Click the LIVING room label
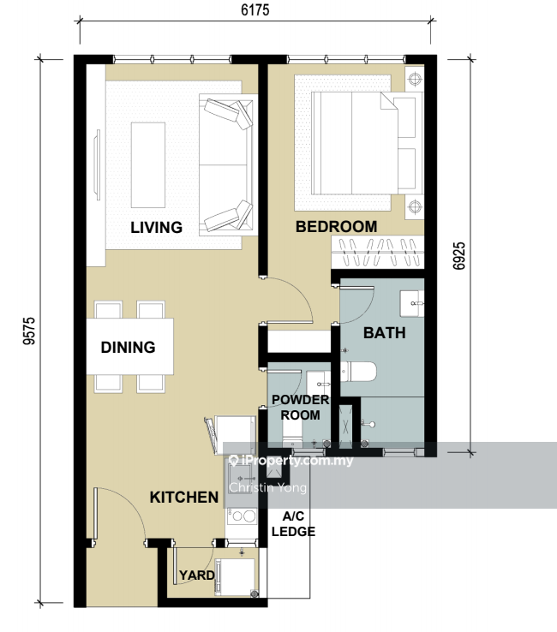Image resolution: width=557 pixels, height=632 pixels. coord(156,227)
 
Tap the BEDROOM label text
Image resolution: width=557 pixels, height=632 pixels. coord(337,227)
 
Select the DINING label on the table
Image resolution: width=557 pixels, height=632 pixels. coord(128,347)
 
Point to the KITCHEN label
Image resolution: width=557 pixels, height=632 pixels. coord(184,497)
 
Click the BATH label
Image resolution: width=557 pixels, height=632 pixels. coord(385,333)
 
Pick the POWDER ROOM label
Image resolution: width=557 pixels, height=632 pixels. coord(301,407)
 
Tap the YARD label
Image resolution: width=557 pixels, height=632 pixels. coord(197,575)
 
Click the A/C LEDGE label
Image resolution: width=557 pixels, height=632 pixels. coord(293,523)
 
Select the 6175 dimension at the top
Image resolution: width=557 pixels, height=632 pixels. coord(255,9)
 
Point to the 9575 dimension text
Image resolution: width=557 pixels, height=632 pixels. coord(29,331)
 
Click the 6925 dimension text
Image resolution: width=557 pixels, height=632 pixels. coord(459,255)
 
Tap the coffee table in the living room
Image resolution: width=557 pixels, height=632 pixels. coord(148,165)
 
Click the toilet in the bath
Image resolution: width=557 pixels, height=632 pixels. coord(358,372)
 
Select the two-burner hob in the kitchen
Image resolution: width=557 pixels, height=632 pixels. coord(242,516)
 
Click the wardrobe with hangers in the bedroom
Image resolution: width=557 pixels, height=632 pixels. coord(378,253)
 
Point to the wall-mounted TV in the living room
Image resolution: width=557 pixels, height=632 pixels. coord(97,164)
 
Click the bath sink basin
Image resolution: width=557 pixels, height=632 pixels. coord(412,303)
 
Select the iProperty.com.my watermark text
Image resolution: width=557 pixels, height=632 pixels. coord(291,460)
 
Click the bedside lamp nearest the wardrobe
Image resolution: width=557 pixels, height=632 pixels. coord(415,206)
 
